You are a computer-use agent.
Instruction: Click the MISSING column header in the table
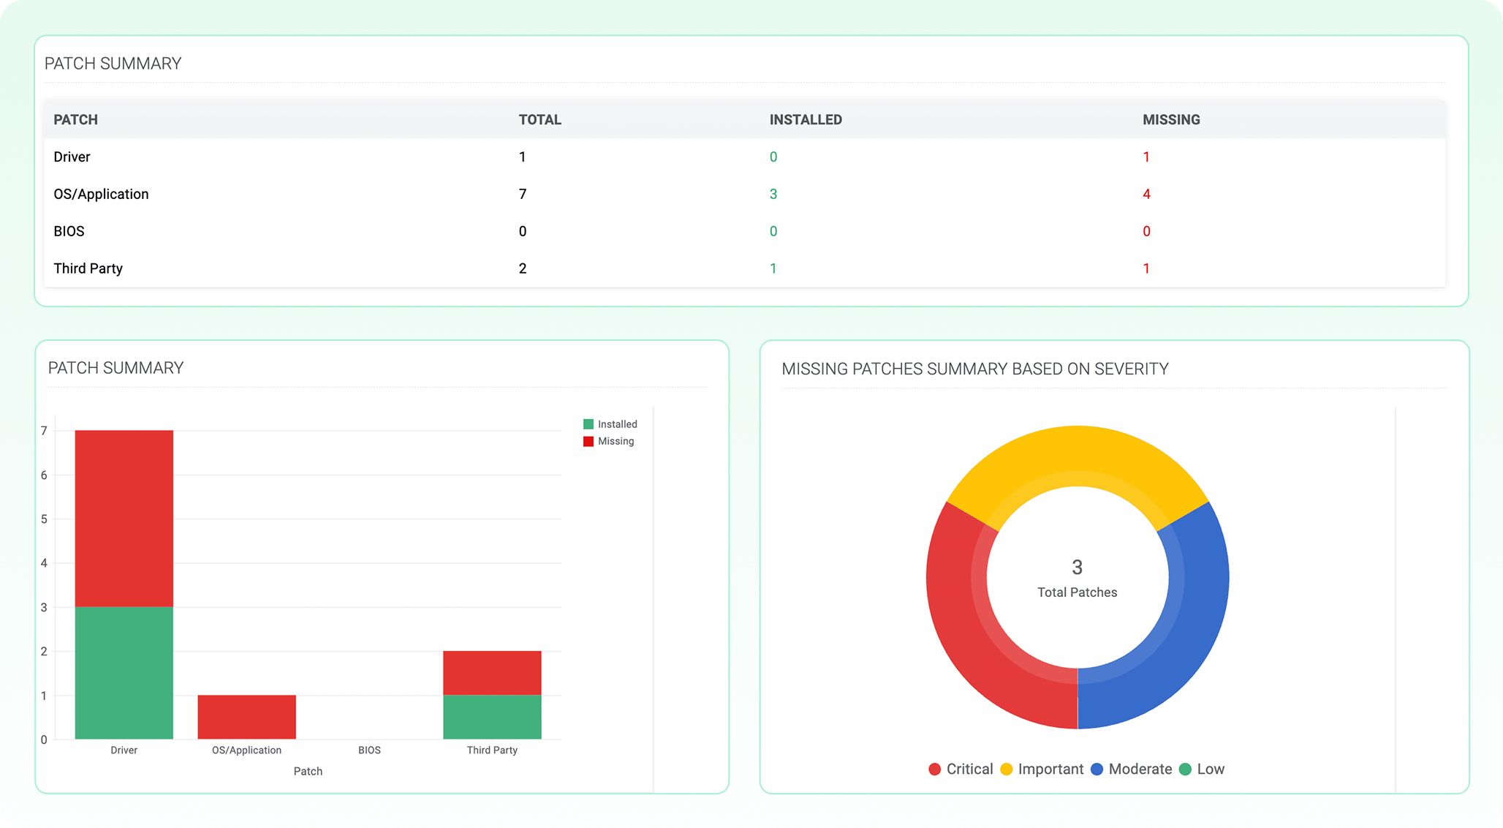(x=1171, y=119)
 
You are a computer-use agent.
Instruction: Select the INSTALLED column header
(x=806, y=119)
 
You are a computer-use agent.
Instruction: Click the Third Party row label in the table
(x=88, y=268)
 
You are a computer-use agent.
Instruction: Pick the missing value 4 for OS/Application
(x=1146, y=194)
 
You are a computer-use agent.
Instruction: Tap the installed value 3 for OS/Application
(x=773, y=194)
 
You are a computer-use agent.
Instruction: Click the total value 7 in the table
(x=523, y=194)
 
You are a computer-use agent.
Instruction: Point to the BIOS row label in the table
(x=69, y=231)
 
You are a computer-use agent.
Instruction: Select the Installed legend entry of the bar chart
(x=610, y=424)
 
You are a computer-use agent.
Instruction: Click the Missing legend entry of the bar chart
(x=609, y=441)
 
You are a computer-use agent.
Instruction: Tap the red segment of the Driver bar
(x=124, y=518)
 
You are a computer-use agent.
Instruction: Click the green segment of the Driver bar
(x=124, y=673)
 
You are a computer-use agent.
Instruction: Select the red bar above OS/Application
(x=247, y=717)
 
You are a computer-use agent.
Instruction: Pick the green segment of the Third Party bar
(x=492, y=717)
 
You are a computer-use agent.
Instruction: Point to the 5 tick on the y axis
(x=44, y=519)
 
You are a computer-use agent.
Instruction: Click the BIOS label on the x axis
(x=369, y=750)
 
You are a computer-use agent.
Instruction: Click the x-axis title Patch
(x=308, y=771)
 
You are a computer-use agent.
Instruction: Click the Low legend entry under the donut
(x=1203, y=769)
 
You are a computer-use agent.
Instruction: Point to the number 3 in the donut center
(x=1077, y=567)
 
